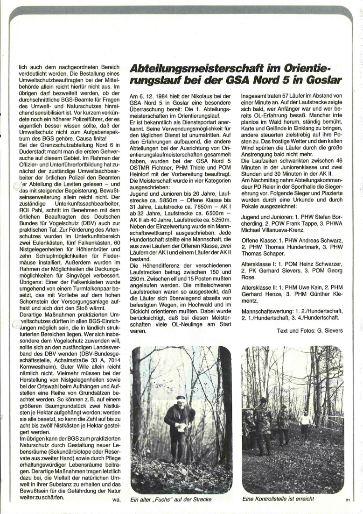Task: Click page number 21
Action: pyautogui.click(x=348, y=500)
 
